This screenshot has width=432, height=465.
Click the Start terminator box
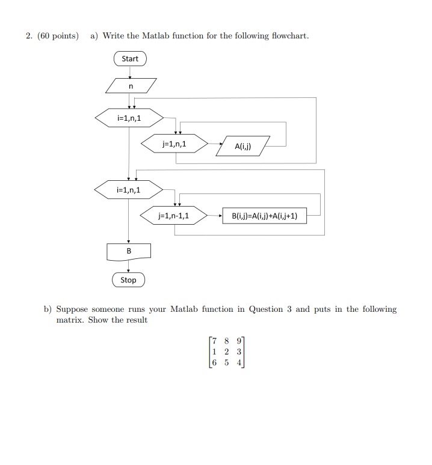130,59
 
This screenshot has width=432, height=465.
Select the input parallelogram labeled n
131,87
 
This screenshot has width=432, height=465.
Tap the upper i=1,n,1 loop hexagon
129,118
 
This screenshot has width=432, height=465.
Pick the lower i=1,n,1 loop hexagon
129,190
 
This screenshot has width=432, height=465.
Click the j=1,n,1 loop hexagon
174,144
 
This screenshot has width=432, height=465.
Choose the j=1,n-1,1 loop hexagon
174,215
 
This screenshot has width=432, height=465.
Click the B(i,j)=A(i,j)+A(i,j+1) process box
264,216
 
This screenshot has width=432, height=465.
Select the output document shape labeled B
128,251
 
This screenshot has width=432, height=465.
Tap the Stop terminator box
128,280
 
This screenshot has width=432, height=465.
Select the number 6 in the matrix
213,363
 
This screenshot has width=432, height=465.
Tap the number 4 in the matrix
239,363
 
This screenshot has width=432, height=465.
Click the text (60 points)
58,36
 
